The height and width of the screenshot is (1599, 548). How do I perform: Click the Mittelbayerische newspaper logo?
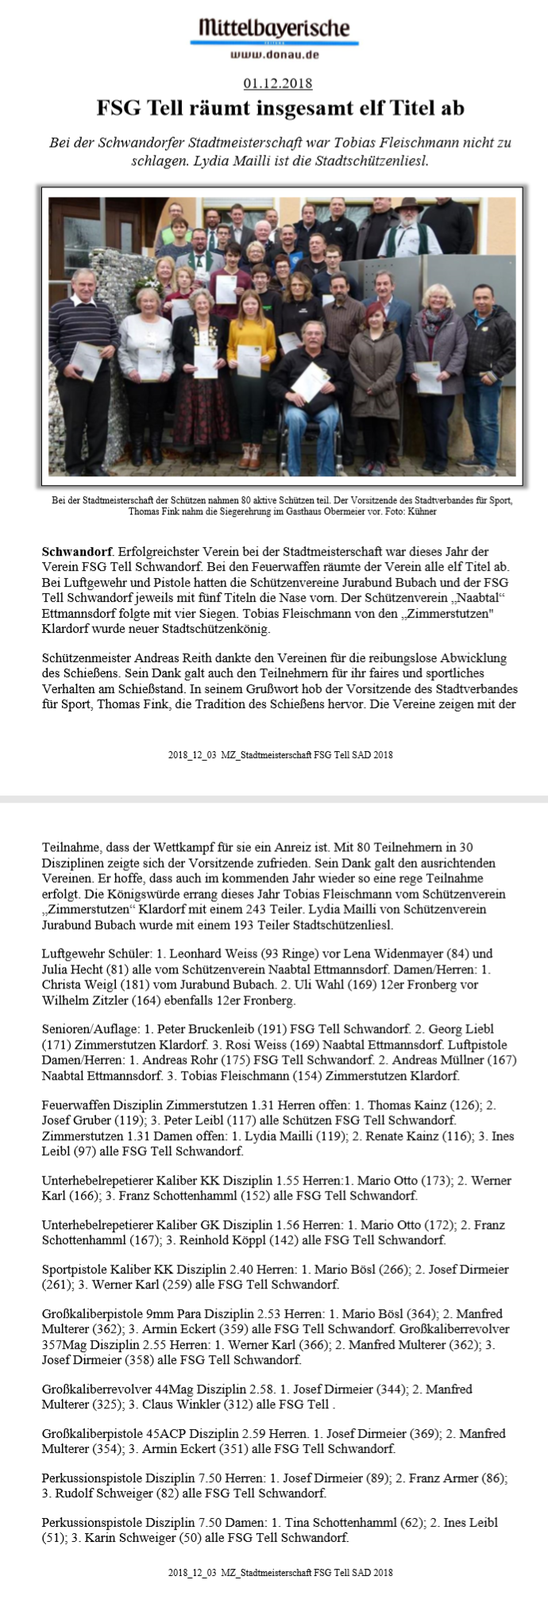coord(274,29)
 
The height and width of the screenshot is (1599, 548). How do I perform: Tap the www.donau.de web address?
coord(274,55)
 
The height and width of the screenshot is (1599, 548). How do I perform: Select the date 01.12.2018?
coord(277,83)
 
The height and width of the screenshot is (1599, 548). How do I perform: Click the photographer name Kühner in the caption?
coord(422,512)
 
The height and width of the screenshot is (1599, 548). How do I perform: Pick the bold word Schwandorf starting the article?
coord(77,551)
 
